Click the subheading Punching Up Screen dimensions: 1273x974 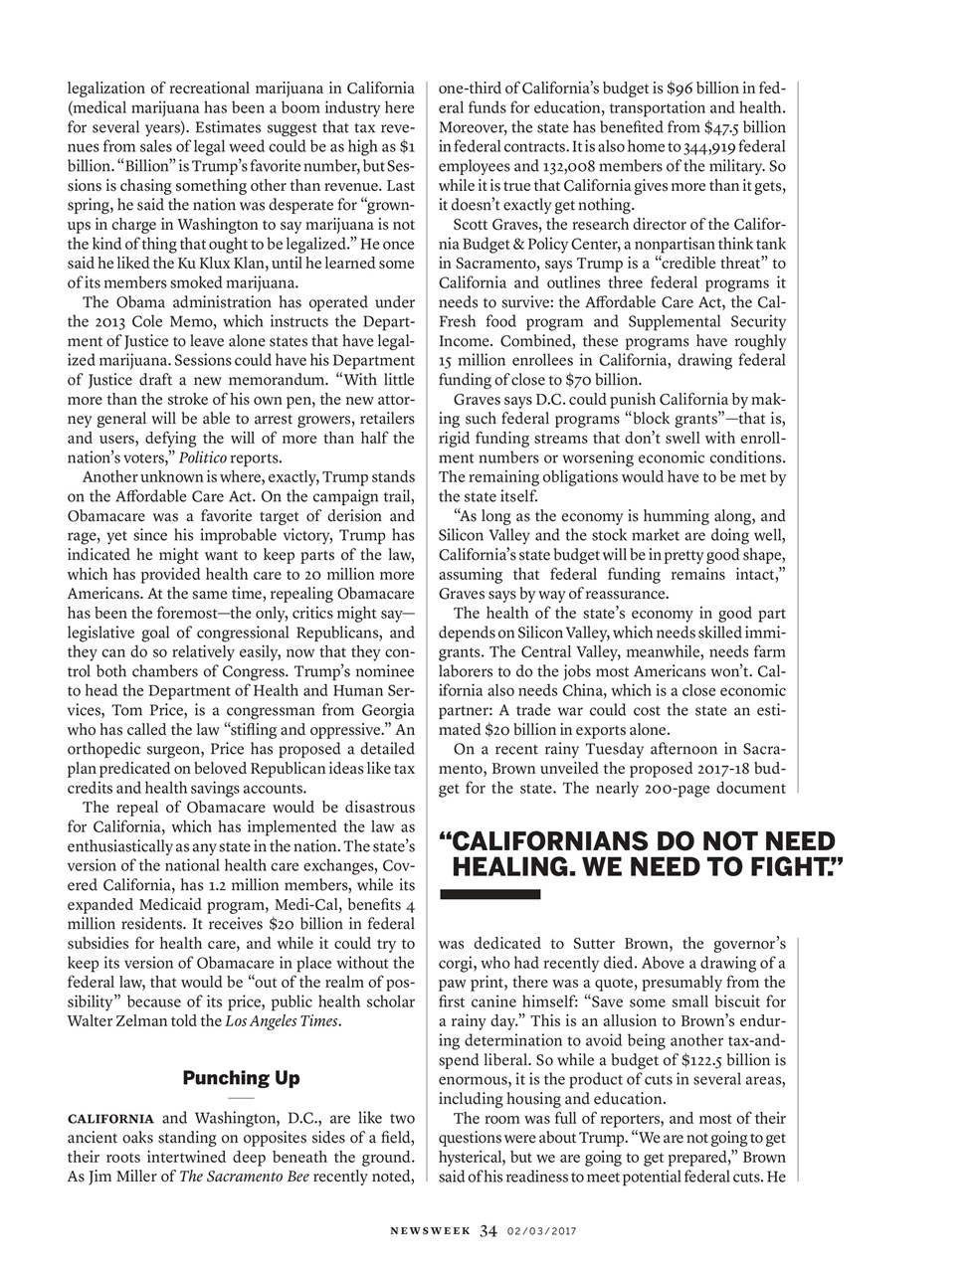(x=241, y=1078)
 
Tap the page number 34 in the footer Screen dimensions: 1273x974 (x=487, y=1230)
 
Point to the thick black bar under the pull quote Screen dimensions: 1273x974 (x=489, y=895)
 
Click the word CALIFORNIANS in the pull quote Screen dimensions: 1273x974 (x=560, y=841)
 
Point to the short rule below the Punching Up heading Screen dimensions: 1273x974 (x=241, y=1096)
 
